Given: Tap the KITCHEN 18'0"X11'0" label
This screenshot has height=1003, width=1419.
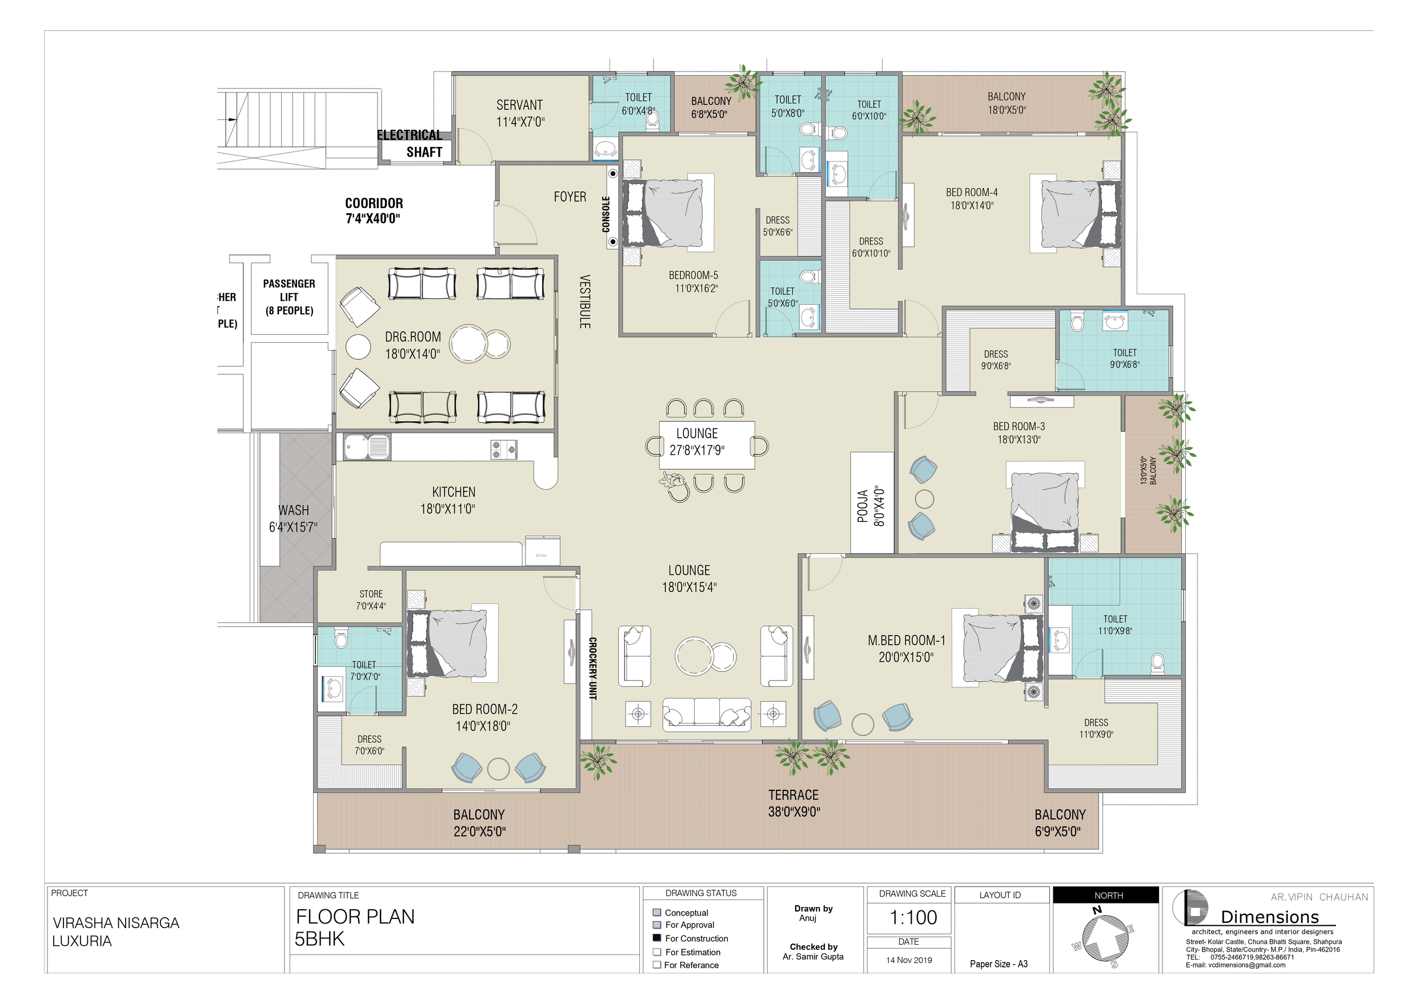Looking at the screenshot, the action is (x=454, y=500).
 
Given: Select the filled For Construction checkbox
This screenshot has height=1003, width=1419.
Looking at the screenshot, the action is (x=657, y=938).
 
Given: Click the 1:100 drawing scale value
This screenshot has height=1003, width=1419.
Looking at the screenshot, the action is (x=912, y=917).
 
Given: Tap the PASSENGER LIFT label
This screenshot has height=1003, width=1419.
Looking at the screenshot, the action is (x=289, y=297).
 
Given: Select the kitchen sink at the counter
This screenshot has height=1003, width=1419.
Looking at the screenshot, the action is (x=367, y=447).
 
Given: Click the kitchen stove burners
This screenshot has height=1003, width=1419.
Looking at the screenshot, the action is (x=504, y=450).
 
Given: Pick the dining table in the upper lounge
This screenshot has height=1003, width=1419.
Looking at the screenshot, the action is (x=707, y=445).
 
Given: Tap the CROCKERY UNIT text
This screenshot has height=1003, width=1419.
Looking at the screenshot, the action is (x=592, y=669).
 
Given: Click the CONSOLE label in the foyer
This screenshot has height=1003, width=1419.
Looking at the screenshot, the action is (x=606, y=214).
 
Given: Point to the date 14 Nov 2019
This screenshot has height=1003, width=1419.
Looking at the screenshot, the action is (x=908, y=960).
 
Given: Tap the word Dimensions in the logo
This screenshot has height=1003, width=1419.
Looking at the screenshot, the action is (x=1270, y=917).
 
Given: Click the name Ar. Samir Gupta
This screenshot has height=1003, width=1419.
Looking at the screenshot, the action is (x=813, y=957).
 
